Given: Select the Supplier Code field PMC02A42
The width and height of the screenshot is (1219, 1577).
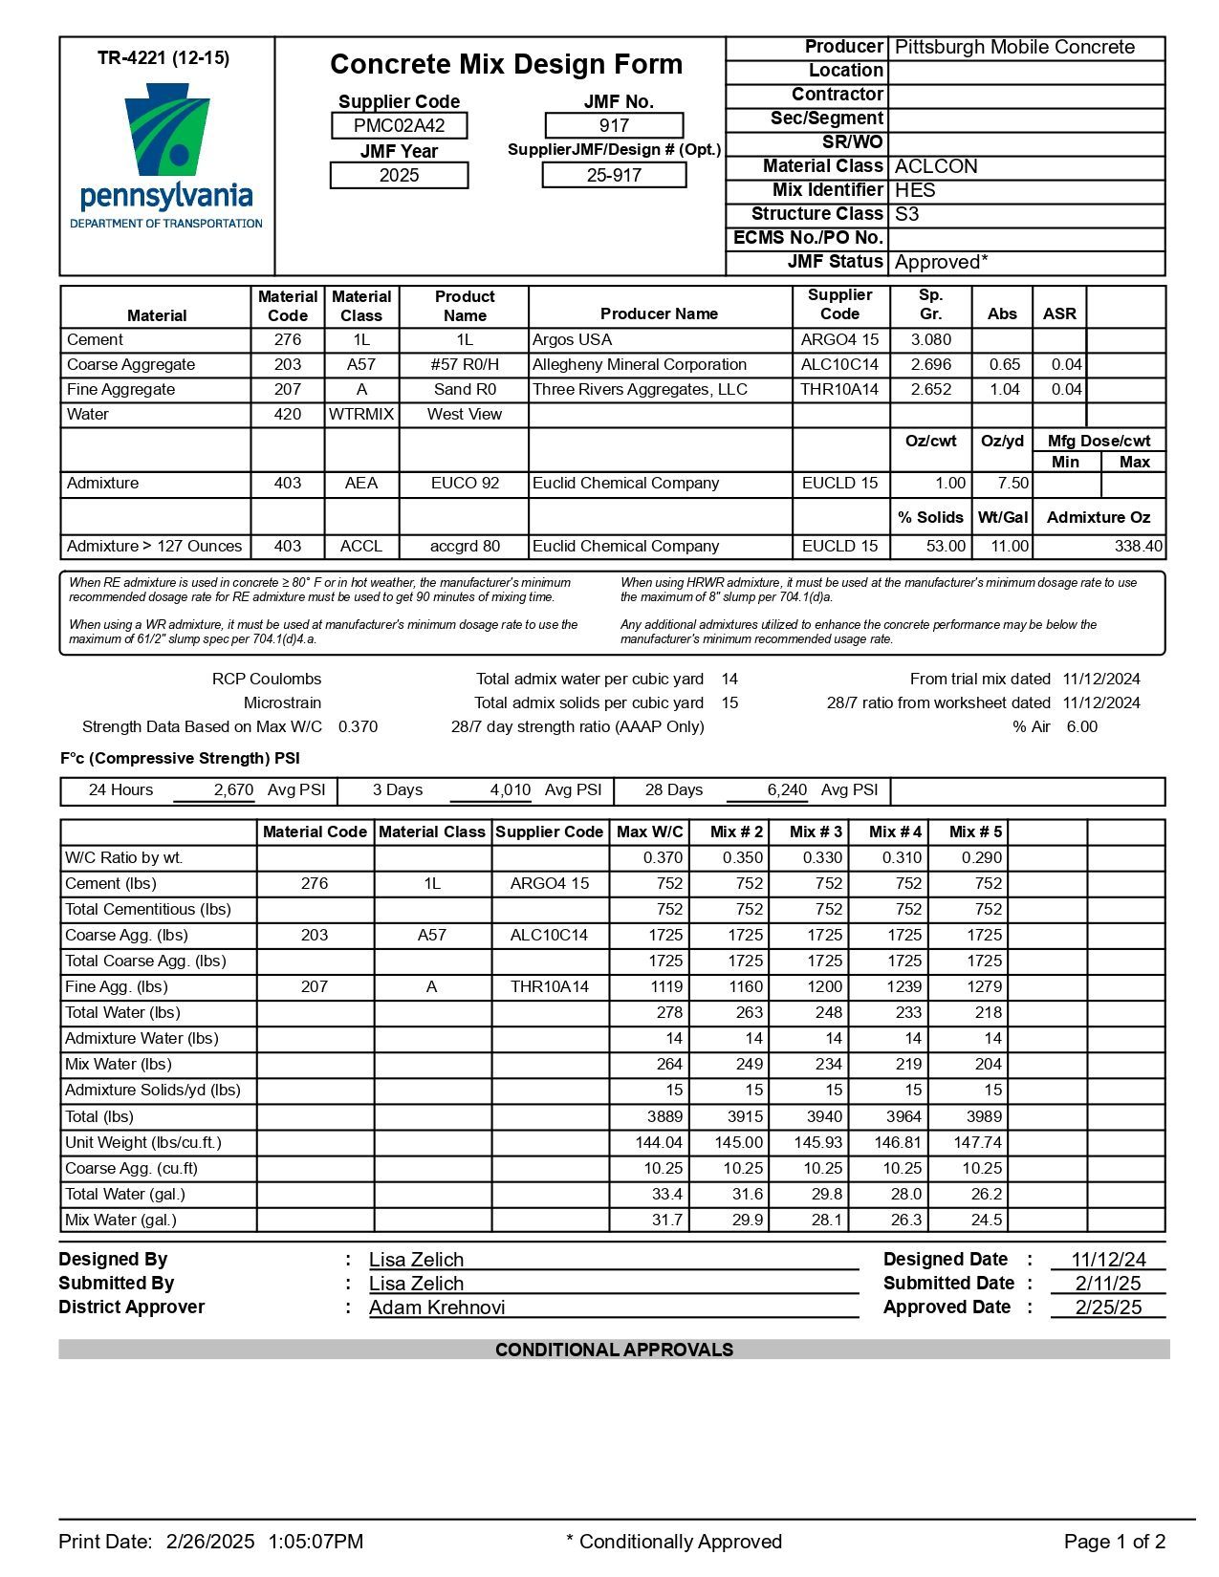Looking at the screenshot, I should pos(399,125).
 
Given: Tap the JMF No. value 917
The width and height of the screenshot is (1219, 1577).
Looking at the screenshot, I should pos(614,125).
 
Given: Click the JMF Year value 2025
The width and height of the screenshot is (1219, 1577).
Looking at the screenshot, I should pos(399,175).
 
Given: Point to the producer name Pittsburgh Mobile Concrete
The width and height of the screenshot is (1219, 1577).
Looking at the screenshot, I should pos(1014,47).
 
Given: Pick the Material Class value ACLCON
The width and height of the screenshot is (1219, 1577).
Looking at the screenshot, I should pos(936,166).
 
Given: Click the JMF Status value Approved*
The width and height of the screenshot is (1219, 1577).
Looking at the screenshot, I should pos(941,262).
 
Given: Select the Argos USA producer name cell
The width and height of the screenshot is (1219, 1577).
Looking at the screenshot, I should pos(572,339).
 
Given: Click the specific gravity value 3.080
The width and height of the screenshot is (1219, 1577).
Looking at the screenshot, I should pos(930,339).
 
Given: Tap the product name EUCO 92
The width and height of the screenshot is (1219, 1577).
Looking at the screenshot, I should pos(465,483).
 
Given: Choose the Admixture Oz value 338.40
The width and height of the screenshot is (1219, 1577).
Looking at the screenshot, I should pos(1138,546).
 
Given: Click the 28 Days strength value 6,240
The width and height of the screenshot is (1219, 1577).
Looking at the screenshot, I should pos(787,789).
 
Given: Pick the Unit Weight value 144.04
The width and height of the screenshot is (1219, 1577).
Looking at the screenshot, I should pos(659,1141).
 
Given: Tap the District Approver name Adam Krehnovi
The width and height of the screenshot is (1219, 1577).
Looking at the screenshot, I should pos(437,1307).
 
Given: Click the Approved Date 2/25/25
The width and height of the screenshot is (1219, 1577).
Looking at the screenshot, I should pos(1108,1307).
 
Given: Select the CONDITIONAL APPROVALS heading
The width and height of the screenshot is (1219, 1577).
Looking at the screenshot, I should pos(614,1350).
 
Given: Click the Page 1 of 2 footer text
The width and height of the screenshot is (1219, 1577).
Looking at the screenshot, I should pos(1114,1542).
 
